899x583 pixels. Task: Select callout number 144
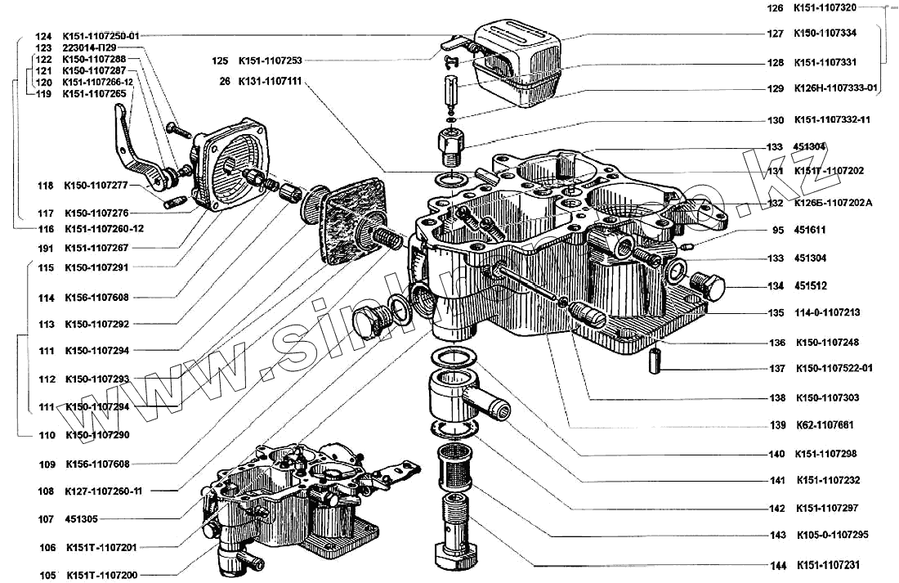[x=776, y=565]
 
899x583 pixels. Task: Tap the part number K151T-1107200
[x=101, y=575]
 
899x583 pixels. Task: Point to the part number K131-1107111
[x=270, y=82]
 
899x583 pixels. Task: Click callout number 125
[x=219, y=61]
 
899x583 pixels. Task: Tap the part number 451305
[x=81, y=518]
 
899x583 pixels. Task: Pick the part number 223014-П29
[x=88, y=48]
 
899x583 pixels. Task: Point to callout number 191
[x=46, y=247]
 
